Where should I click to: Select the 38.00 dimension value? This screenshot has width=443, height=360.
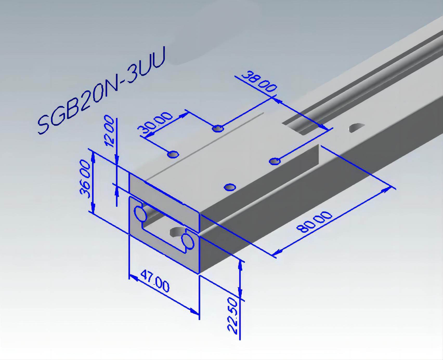click(x=259, y=81)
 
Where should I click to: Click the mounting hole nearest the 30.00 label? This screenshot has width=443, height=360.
click(x=173, y=155)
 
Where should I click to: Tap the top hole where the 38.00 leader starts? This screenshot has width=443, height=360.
click(x=218, y=128)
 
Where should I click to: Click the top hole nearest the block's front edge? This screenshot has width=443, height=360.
click(x=230, y=187)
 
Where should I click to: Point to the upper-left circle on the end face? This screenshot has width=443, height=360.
click(x=140, y=214)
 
